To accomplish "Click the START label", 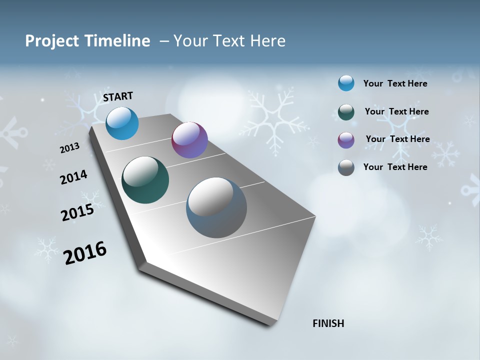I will pos(118,96).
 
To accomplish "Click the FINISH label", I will pos(328,323).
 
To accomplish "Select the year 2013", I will pos(69,148).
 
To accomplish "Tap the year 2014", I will pos(73,177).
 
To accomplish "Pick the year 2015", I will pos(77,212).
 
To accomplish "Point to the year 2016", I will pos(85,253).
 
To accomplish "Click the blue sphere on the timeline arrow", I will pos(122,123).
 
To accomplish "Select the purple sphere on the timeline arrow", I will pos(189,140).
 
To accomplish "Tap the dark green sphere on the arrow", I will pos(145,180).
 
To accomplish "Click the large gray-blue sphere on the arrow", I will pos(216,207).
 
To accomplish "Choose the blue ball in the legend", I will pos(346,83).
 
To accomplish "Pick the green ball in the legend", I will pos(346,112).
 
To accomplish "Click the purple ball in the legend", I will pos(346,140).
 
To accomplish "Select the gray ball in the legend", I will pos(346,167).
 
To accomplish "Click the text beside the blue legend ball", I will pos(395,83).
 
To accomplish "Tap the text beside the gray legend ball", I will pos(395,167).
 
